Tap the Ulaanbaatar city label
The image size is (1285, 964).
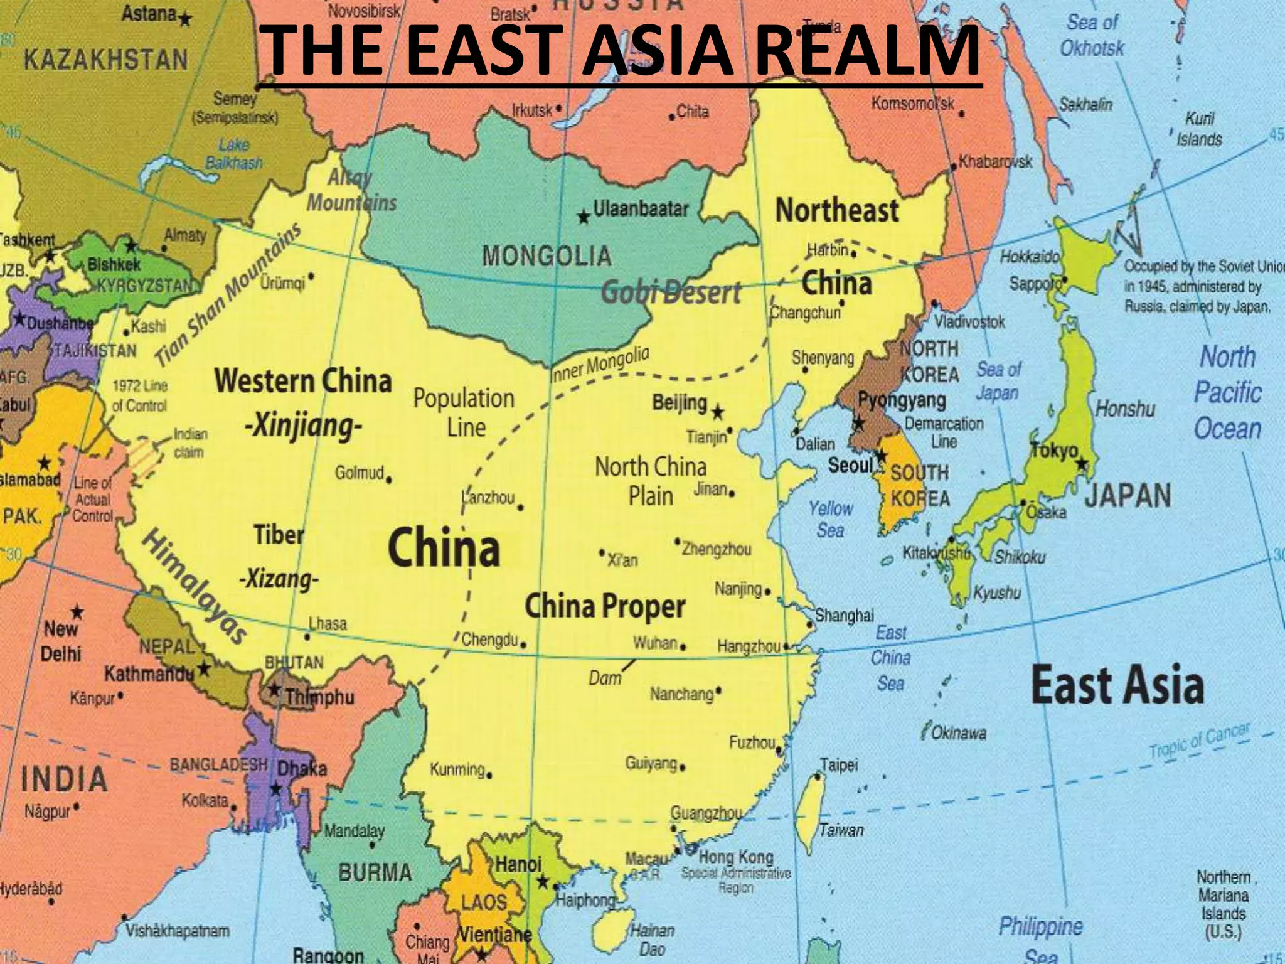point(641,209)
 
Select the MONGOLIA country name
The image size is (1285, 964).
point(547,256)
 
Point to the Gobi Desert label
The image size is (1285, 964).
point(671,293)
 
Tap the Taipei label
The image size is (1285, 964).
point(839,766)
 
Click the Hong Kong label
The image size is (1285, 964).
point(736,857)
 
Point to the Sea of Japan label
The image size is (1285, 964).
point(998,381)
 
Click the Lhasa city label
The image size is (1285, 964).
point(328,624)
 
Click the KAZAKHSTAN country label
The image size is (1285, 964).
point(105,60)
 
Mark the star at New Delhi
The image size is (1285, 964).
point(77,611)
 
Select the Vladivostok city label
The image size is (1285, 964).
point(970,322)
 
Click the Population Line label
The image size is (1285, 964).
point(464,412)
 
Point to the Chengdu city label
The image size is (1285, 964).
point(489,641)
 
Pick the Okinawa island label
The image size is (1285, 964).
point(958,732)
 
